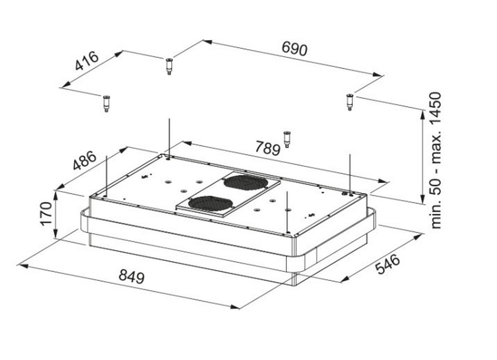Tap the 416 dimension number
point(87,61)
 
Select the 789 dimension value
point(268,148)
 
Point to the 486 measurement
point(85,160)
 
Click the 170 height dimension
point(46,214)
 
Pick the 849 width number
point(132,276)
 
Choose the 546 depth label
point(388,264)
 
